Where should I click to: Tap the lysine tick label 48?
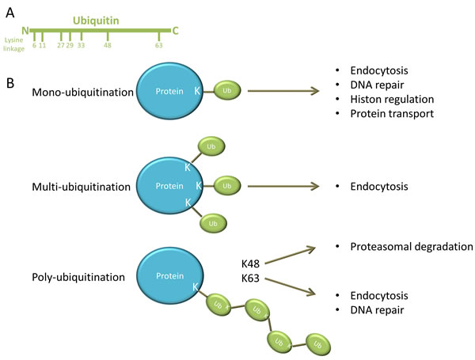click(108, 46)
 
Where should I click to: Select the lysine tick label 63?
click(159, 46)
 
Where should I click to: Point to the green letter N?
click(26, 31)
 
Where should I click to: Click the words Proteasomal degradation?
click(411, 247)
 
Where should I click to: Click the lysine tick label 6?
click(34, 46)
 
